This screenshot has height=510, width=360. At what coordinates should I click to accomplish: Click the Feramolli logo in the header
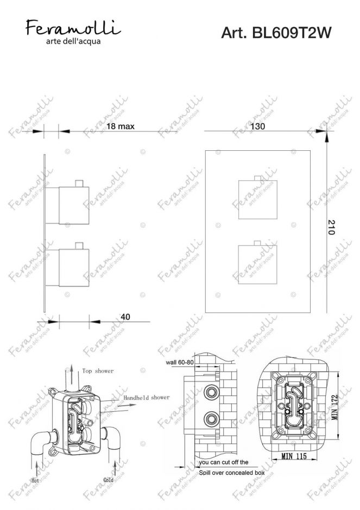tap(74, 27)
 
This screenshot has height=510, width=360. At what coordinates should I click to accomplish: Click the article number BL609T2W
tap(276, 34)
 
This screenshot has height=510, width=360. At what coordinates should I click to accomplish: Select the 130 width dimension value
tap(258, 126)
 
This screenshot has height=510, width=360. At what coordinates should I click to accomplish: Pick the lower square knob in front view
tap(257, 264)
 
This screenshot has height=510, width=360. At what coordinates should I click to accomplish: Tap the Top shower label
tap(98, 371)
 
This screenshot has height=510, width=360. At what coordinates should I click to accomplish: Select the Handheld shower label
tap(146, 398)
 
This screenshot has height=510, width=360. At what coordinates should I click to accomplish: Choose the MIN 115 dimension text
tap(293, 457)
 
